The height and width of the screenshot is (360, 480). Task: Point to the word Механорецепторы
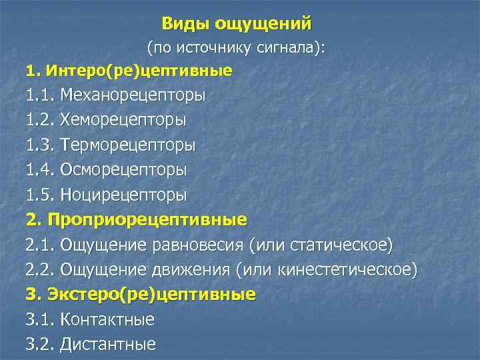click(133, 95)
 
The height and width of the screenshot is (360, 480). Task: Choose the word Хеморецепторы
click(123, 120)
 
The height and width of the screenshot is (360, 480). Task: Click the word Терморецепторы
click(127, 145)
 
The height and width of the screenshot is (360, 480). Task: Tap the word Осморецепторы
click(123, 169)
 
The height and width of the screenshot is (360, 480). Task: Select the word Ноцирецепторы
click(123, 195)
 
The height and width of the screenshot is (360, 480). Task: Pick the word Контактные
click(107, 319)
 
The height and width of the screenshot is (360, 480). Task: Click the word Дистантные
click(107, 344)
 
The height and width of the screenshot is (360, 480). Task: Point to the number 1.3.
click(40, 145)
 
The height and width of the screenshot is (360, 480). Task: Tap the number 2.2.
click(40, 269)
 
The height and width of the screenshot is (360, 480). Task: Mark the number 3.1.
click(40, 319)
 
